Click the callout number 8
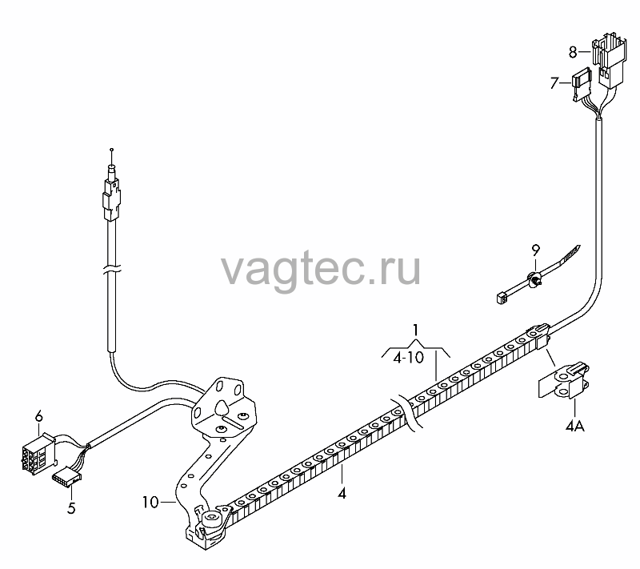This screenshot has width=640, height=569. (573, 52)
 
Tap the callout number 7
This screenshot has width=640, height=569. (554, 83)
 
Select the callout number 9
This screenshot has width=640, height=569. (535, 250)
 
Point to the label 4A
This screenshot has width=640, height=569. (574, 427)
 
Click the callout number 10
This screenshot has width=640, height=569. (150, 502)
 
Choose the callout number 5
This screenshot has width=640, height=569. (71, 508)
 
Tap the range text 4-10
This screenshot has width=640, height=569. (409, 358)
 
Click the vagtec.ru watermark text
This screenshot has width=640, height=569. (321, 270)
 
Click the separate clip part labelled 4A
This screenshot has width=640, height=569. (564, 381)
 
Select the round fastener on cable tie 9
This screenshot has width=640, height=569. (534, 279)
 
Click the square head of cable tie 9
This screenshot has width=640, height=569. (502, 298)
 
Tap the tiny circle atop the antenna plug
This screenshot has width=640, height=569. (112, 150)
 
